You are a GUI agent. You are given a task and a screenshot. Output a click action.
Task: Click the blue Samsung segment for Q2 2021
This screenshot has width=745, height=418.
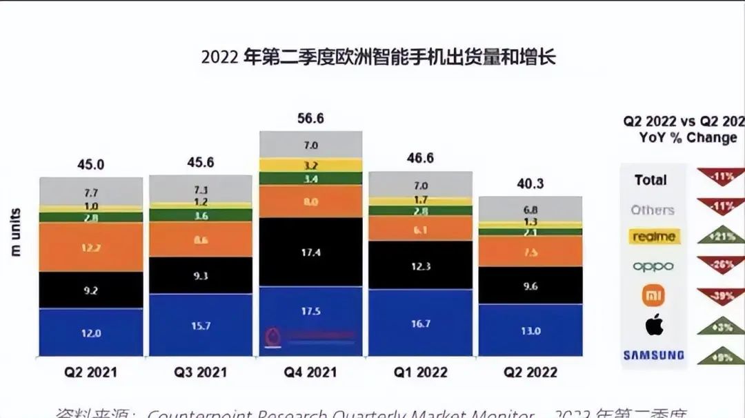90,332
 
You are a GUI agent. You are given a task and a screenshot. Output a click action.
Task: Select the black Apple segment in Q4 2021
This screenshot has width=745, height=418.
310,252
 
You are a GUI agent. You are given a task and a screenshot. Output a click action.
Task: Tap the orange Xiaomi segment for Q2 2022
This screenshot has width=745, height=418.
530,252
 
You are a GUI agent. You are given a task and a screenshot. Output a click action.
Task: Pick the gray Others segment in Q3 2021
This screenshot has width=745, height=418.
201,188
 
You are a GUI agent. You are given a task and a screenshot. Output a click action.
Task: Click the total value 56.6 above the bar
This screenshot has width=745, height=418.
310,119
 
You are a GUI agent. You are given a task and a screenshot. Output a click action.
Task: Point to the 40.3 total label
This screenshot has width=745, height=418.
530,183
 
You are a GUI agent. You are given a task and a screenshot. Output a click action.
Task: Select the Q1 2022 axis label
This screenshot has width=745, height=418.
420,372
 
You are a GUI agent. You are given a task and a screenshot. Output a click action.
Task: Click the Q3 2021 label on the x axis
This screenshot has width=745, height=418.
201,372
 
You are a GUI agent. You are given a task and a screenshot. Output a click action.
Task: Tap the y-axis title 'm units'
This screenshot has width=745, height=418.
15,232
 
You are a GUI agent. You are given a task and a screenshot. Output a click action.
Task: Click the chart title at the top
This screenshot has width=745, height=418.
378,57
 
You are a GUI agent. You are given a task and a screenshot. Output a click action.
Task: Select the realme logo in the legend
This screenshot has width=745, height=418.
654,237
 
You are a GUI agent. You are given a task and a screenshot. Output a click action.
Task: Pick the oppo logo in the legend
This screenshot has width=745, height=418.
653,266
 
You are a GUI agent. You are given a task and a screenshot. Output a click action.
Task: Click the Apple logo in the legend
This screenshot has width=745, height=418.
654,325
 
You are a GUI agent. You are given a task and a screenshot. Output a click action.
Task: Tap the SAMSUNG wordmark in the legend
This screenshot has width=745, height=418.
654,355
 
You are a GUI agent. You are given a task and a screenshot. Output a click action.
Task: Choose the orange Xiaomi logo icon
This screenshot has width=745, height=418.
654,296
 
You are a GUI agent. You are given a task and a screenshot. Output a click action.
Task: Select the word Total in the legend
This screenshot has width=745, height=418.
650,180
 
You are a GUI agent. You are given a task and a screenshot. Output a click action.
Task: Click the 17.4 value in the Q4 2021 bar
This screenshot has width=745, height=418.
310,253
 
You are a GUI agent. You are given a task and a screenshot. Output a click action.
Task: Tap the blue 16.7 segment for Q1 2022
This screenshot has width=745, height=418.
420,323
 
